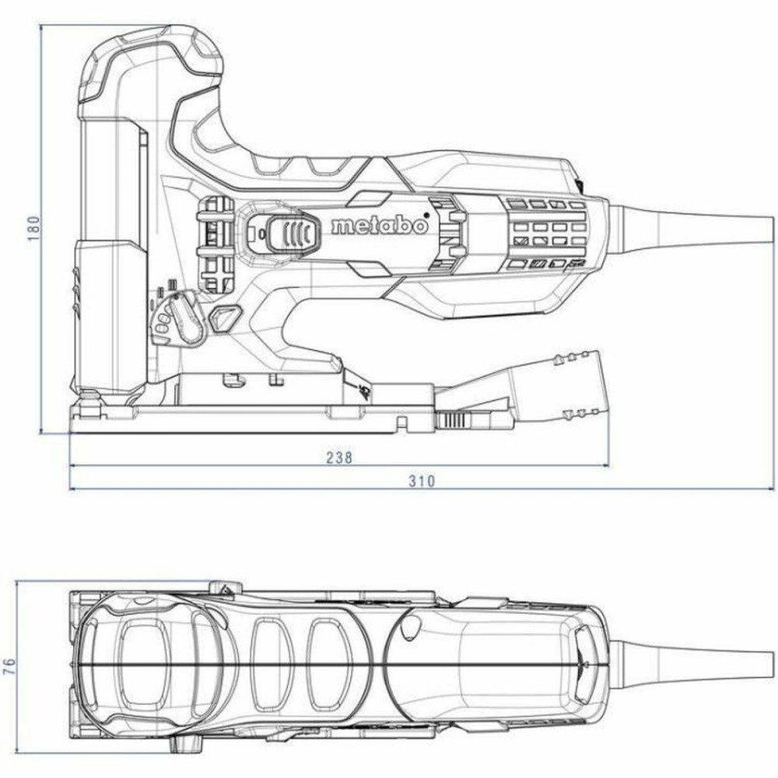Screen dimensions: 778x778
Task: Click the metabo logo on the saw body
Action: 379,226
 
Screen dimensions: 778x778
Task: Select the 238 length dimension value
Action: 339,457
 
